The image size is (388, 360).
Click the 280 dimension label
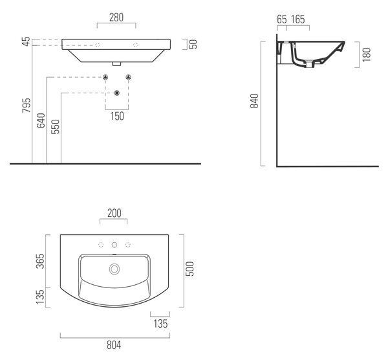[116, 17]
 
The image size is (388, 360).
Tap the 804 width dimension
[114, 345]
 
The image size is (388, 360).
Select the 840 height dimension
[254, 101]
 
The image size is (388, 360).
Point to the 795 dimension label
[27, 106]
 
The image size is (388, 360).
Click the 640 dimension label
[41, 120]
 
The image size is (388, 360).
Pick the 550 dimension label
[55, 127]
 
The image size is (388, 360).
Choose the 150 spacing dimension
[117, 116]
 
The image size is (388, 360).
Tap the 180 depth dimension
[367, 54]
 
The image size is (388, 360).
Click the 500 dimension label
[189, 269]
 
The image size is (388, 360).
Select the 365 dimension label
[40, 261]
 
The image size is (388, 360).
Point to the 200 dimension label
[114, 213]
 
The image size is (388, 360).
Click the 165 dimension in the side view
[298, 19]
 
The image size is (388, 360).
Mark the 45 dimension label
[26, 41]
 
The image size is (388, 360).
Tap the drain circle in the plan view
[114, 269]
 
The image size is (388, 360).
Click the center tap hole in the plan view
[114, 245]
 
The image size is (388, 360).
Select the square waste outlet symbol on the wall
[117, 93]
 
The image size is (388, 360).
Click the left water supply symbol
[105, 77]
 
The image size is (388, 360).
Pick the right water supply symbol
[128, 77]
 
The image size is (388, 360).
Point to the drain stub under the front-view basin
[116, 64]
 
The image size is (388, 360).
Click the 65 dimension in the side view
[282, 19]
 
